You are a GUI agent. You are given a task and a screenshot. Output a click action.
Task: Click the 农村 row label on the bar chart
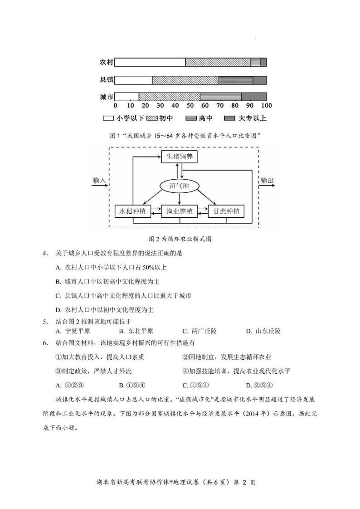coord(107,63)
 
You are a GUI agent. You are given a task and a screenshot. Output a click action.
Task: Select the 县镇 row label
coord(107,80)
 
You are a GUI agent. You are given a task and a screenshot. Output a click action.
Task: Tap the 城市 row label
coord(107,97)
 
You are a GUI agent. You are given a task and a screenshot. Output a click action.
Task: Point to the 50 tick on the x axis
coord(191,106)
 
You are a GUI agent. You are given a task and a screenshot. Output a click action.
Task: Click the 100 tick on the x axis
coord(267,106)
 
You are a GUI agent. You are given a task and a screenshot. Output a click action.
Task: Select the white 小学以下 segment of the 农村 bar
coord(150,63)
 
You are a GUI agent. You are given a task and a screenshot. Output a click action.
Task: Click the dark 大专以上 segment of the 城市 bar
coord(254,97)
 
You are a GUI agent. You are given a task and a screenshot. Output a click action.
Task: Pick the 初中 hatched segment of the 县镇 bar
coord(185,80)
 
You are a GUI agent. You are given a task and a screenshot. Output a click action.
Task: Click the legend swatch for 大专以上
coord(230,118)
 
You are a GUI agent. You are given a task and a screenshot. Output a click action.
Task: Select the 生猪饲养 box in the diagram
coord(180,157)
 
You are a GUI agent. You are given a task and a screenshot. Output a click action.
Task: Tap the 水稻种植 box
coord(133,211)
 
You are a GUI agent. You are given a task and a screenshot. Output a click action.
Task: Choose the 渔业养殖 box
coord(180,211)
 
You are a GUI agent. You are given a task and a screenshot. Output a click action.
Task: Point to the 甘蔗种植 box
coord(226,211)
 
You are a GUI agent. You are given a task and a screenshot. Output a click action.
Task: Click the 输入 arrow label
coord(99,181)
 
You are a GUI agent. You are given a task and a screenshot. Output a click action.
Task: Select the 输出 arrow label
coord(267,181)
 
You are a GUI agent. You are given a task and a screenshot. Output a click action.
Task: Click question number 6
coord(45,343)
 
